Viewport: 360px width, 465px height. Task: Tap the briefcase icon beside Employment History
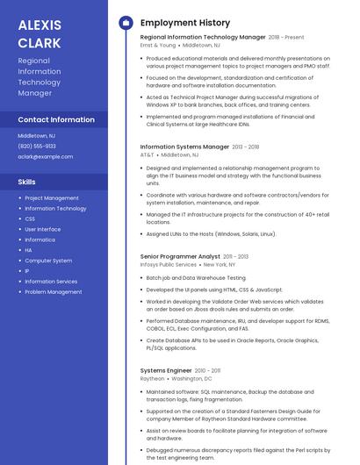pos(125,22)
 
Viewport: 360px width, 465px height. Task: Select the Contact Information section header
pos(56,119)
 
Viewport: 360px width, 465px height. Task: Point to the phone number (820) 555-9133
pos(36,146)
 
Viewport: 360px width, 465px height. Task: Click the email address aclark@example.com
pos(45,156)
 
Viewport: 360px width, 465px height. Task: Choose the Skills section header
pos(27,182)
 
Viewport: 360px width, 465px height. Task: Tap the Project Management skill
pos(52,198)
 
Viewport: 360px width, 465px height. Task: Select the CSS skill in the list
pos(30,219)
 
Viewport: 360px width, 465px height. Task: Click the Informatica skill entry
pos(40,240)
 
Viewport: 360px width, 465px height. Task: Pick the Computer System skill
pos(48,261)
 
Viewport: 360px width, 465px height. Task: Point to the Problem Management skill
pos(54,292)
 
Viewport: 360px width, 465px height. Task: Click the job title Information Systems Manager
pos(184,147)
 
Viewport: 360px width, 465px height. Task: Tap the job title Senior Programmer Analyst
pos(180,256)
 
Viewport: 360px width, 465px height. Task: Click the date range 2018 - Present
pos(286,38)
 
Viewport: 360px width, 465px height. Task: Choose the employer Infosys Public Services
pos(169,264)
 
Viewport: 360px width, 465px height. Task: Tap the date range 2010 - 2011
pos(208,371)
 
